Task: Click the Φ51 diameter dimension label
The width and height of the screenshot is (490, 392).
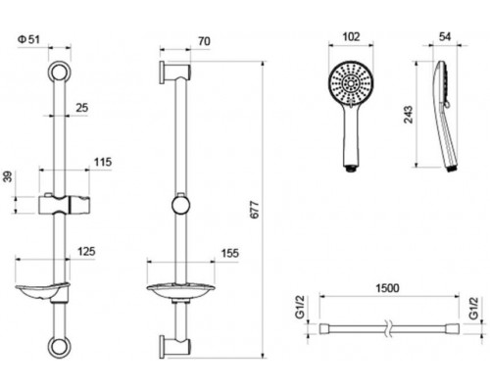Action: (28, 39)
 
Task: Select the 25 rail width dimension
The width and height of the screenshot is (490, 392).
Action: (82, 108)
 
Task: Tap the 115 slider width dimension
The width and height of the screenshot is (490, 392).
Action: (103, 162)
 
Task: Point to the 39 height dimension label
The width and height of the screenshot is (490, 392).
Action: (9, 176)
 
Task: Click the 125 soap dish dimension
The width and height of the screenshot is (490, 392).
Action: (86, 252)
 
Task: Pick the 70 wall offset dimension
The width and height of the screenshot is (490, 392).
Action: (204, 41)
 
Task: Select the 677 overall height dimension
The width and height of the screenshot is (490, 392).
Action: (254, 210)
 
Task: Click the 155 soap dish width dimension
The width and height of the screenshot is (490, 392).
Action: (230, 253)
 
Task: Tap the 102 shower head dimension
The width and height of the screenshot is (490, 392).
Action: (351, 36)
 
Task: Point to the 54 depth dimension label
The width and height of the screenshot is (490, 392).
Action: (445, 36)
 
